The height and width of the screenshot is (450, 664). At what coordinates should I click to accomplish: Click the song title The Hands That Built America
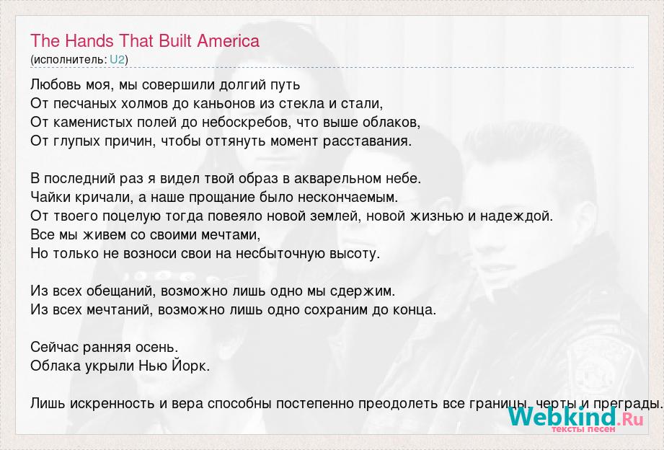[145, 41]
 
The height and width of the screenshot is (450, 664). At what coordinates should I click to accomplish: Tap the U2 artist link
[118, 59]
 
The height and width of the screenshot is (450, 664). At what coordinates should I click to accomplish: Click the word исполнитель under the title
[69, 60]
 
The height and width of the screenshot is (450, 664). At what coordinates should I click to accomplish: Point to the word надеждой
[515, 216]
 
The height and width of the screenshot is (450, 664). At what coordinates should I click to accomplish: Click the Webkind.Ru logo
[575, 416]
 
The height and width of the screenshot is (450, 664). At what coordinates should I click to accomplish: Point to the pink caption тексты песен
[583, 429]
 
